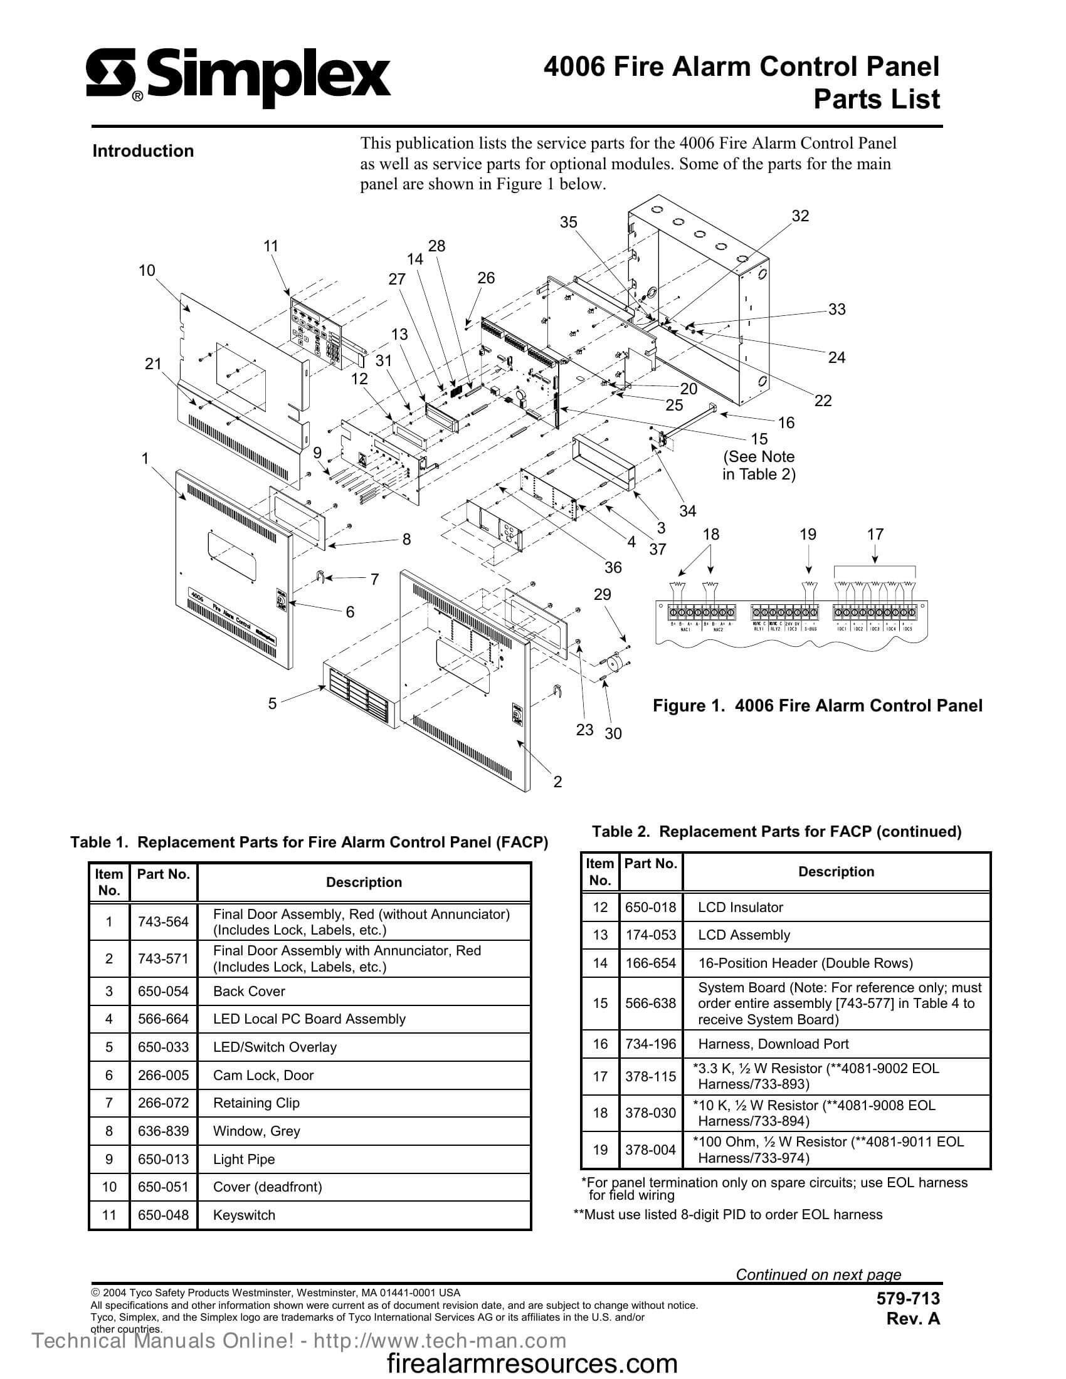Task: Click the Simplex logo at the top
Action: click(238, 80)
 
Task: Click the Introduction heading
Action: click(144, 151)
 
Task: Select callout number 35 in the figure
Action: click(568, 223)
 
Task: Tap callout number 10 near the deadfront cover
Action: click(147, 271)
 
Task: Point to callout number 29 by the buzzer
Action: click(603, 594)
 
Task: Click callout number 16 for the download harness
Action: click(786, 422)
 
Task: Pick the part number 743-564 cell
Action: click(163, 922)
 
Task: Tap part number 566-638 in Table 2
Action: click(650, 1004)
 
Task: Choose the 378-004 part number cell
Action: click(650, 1150)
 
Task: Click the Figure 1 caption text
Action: click(817, 705)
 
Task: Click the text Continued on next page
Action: click(818, 1274)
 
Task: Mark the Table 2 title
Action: click(777, 832)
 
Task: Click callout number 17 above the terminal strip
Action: click(875, 534)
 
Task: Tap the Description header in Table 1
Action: click(364, 882)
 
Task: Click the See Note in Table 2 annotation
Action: click(759, 465)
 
